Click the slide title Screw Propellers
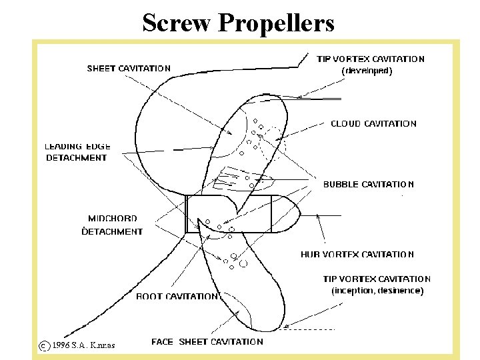pos(238,23)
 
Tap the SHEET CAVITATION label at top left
pos(129,68)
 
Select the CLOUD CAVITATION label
pos(373,123)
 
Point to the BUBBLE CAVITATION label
pos(369,184)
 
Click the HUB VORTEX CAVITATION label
pos(357,254)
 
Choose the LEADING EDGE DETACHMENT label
pos(77,152)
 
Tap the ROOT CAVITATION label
pos(177,296)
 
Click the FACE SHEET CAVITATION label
pos(207,341)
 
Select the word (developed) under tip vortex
pos(367,70)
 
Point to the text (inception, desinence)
pos(377,291)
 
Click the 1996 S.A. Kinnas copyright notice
pos(83,345)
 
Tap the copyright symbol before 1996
pos(43,345)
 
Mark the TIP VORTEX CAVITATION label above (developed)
pos(370,59)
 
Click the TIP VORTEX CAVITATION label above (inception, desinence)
pos(377,279)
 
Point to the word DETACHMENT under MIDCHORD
pos(112,231)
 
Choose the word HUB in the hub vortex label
pos(310,254)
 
